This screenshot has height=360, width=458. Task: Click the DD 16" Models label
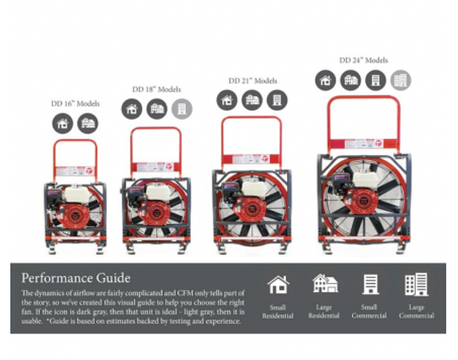coord(75,104)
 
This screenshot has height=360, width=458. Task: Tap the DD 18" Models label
coord(157,89)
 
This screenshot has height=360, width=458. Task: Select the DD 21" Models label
coord(252,80)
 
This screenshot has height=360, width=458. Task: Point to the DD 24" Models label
coord(364,60)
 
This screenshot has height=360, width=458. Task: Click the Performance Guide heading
coord(76,278)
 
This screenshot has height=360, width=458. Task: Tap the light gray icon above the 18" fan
coord(181,109)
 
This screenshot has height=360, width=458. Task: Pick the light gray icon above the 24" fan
coord(401,80)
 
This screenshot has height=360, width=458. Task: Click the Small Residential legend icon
coord(277,285)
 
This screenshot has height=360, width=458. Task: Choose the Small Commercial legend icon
coord(370,285)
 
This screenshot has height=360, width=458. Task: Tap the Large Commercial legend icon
coord(417,285)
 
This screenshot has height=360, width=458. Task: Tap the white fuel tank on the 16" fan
coord(75,195)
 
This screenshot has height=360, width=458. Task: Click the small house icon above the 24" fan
coord(326,80)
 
